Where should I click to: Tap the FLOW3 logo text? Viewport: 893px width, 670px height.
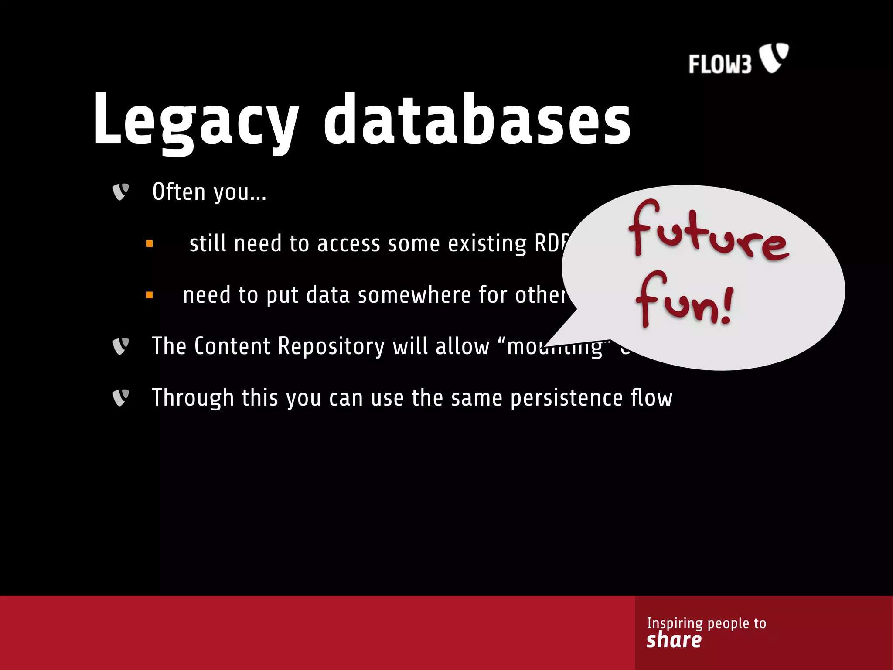click(x=720, y=65)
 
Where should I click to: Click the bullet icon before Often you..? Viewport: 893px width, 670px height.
click(x=121, y=192)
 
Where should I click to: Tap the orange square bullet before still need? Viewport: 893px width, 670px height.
click(x=150, y=244)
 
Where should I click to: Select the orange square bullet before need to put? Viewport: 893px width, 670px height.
click(x=150, y=295)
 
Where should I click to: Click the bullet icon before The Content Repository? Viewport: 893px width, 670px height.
click(x=121, y=346)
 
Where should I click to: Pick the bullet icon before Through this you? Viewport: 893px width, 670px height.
click(x=121, y=397)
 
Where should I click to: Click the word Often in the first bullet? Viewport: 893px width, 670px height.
click(x=179, y=192)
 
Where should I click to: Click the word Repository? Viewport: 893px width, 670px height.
click(x=331, y=346)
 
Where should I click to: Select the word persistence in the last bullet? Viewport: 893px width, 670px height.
click(x=566, y=398)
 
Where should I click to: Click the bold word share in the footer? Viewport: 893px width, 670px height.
click(x=674, y=640)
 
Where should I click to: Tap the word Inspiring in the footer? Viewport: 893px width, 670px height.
click(x=675, y=623)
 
